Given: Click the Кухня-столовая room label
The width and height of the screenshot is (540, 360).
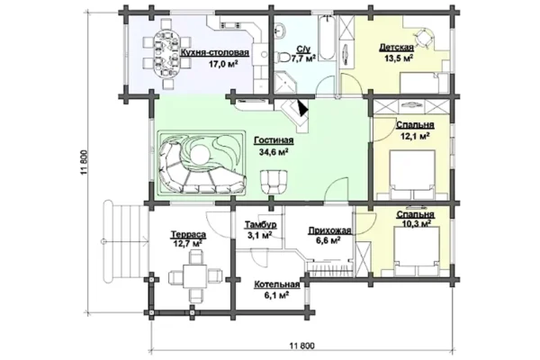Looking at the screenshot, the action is [214, 53].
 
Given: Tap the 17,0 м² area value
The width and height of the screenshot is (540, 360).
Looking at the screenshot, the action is [223, 64].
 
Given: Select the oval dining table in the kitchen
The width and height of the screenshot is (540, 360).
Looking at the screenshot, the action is [166, 54].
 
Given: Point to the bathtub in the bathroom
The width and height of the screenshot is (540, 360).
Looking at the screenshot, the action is [327, 39].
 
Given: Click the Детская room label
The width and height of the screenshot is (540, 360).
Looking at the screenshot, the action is [396, 47].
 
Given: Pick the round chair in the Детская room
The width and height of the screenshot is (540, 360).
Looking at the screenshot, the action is [424, 37].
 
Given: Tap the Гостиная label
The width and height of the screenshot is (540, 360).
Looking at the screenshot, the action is [274, 140].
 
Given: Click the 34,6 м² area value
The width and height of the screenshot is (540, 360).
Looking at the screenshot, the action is [274, 151].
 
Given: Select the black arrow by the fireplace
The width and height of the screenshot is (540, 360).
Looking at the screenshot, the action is [303, 108].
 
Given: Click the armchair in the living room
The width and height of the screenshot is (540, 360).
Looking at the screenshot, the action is [274, 182].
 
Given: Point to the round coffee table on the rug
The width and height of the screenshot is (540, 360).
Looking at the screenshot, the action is [200, 154].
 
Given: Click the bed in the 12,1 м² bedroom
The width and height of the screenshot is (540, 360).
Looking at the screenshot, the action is [412, 175].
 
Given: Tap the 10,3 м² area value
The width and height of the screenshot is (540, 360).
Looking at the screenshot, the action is [417, 224].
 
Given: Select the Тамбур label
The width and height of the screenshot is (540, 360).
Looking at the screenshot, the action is [261, 225].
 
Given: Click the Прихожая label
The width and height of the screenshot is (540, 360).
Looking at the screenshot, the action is [329, 230].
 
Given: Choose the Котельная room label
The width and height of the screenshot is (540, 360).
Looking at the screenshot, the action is [277, 285].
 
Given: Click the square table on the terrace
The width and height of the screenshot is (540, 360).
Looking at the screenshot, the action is [195, 276].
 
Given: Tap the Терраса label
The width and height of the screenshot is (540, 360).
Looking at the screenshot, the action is [188, 235].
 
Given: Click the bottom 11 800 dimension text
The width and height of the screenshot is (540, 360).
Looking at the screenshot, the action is [302, 346].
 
